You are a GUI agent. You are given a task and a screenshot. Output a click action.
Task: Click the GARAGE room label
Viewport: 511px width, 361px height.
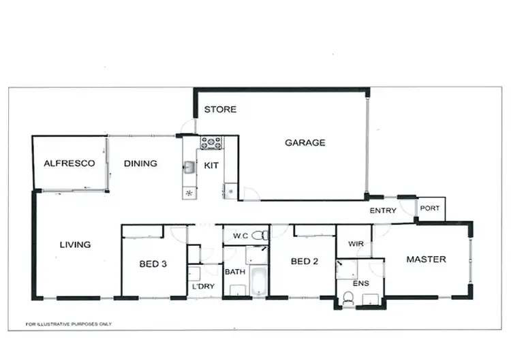coord(305,143)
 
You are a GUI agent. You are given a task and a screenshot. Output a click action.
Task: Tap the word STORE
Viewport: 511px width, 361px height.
coord(220,109)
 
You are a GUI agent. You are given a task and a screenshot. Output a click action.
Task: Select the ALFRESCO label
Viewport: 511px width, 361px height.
coord(69,163)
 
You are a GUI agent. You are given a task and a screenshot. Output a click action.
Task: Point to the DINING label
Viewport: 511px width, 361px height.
coord(140,163)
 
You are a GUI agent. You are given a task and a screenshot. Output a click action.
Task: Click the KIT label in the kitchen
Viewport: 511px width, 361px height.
coord(211,165)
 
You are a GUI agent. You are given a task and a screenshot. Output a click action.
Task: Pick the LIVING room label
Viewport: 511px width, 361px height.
coord(75,245)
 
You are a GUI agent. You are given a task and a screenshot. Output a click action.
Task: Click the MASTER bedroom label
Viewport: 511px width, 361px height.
coord(426,259)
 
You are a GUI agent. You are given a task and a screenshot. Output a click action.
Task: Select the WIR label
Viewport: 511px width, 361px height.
coord(355,243)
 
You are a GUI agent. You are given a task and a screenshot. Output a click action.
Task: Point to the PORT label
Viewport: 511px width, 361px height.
coord(430,208)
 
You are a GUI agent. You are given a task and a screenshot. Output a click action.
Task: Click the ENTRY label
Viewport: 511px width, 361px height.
coord(383,210)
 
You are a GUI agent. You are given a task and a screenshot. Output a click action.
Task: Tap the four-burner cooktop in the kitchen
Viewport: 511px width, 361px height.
coord(211,143)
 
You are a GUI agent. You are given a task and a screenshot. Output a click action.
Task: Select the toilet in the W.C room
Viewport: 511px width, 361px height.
coord(259,236)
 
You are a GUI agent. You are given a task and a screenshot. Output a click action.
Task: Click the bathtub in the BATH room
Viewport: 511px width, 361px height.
coord(259,283)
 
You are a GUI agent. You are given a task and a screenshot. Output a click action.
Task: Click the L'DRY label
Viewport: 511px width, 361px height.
coord(203,286)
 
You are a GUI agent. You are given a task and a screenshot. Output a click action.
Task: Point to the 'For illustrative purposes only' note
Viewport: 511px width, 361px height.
coord(68,324)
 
